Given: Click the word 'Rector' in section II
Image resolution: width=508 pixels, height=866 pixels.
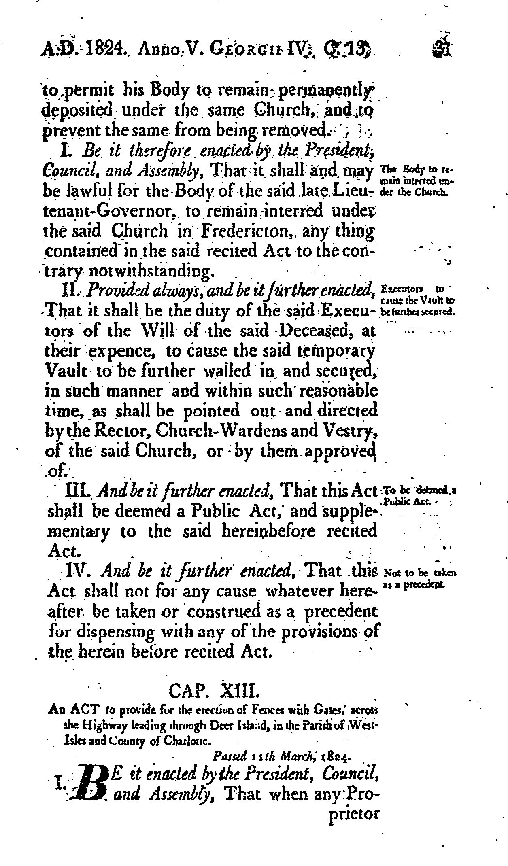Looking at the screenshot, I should [117, 431].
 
